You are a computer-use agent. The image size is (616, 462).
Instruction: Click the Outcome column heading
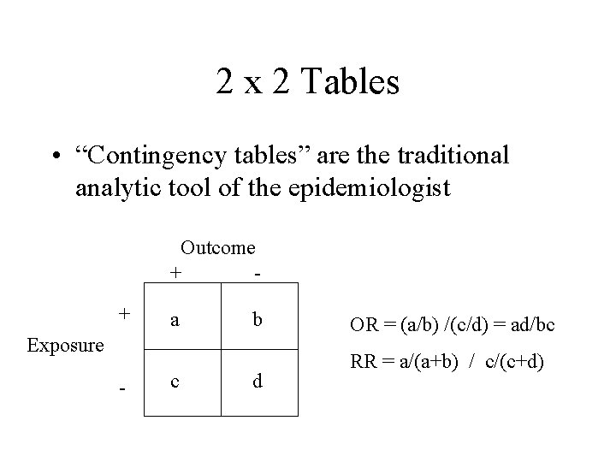point(217,247)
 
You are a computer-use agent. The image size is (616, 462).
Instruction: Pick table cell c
point(175,381)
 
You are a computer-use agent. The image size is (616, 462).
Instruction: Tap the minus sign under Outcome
point(258,274)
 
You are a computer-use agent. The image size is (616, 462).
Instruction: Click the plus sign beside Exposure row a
point(124,313)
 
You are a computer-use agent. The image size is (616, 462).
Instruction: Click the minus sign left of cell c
point(123,390)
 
